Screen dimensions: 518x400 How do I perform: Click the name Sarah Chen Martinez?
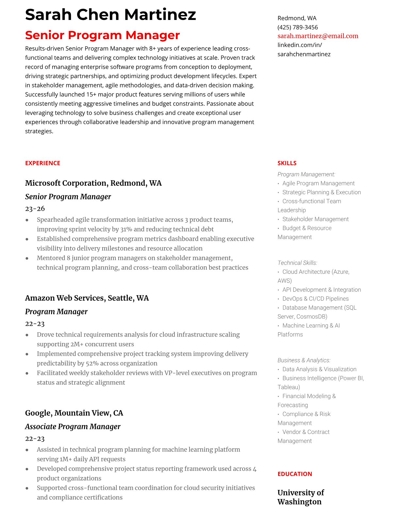(110, 15)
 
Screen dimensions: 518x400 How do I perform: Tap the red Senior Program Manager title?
(102, 35)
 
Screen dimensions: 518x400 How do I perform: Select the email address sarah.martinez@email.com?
(318, 36)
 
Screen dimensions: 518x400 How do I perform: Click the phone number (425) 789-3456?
(297, 27)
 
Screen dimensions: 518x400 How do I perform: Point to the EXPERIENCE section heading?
(42, 163)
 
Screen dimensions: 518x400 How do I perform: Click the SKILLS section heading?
(287, 163)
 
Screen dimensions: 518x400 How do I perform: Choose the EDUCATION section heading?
(294, 474)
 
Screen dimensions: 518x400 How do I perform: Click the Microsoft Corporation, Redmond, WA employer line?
(93, 183)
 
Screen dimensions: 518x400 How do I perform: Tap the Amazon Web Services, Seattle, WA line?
(87, 298)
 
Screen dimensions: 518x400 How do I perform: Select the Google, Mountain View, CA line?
(74, 413)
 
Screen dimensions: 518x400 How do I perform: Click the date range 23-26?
(35, 209)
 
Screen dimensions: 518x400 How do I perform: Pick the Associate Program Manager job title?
(73, 426)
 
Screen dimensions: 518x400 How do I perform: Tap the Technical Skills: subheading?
(297, 263)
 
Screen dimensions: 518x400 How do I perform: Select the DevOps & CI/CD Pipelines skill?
(315, 299)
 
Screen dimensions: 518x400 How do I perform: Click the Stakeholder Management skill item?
(315, 219)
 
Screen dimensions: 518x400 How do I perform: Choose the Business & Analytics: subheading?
(304, 360)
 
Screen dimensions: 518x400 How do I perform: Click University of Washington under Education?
(300, 497)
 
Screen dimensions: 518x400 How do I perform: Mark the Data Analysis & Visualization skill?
(319, 369)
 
